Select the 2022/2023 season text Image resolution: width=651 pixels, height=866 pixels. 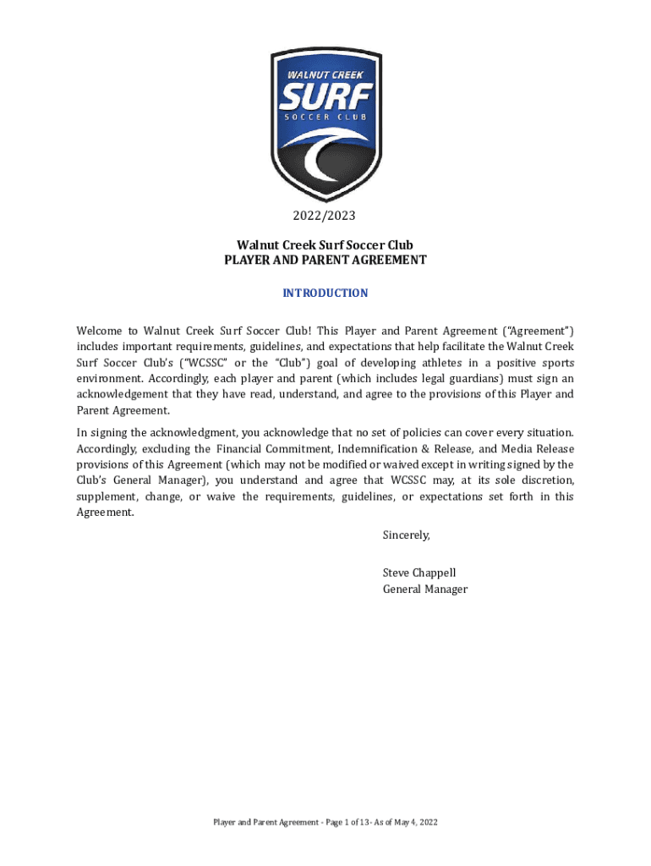coord(325,216)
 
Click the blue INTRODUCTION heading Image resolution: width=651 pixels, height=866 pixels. coord(325,293)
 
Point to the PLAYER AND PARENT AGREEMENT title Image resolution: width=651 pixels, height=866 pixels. coord(325,260)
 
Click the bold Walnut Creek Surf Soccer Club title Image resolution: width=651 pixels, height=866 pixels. coord(325,245)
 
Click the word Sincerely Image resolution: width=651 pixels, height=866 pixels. coord(406,534)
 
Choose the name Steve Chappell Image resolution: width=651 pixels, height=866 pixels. coord(419,573)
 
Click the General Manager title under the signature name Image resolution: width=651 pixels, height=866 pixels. coord(424,589)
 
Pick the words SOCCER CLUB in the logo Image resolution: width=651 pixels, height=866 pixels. coord(325,118)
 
